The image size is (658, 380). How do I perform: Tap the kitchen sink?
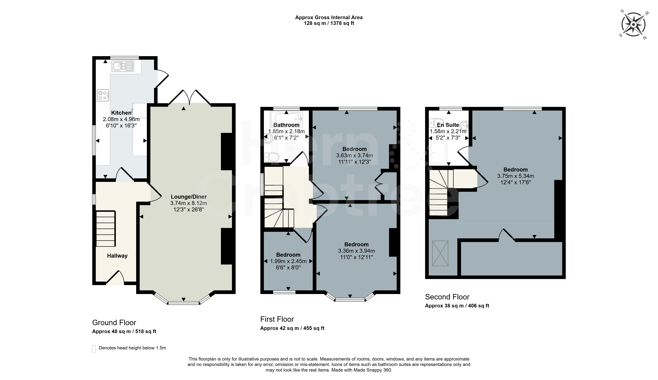point(123,66)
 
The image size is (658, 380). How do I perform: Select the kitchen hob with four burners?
point(103,95)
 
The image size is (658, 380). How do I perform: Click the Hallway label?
point(117,256)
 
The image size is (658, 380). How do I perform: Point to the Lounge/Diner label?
point(189,197)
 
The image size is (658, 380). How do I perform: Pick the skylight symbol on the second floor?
point(440,253)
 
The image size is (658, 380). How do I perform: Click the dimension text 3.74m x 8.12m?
point(189,203)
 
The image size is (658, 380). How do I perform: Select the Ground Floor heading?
point(114,323)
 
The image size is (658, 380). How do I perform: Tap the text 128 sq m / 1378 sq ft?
point(329,23)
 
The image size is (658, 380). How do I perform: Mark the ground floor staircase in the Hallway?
point(106,229)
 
